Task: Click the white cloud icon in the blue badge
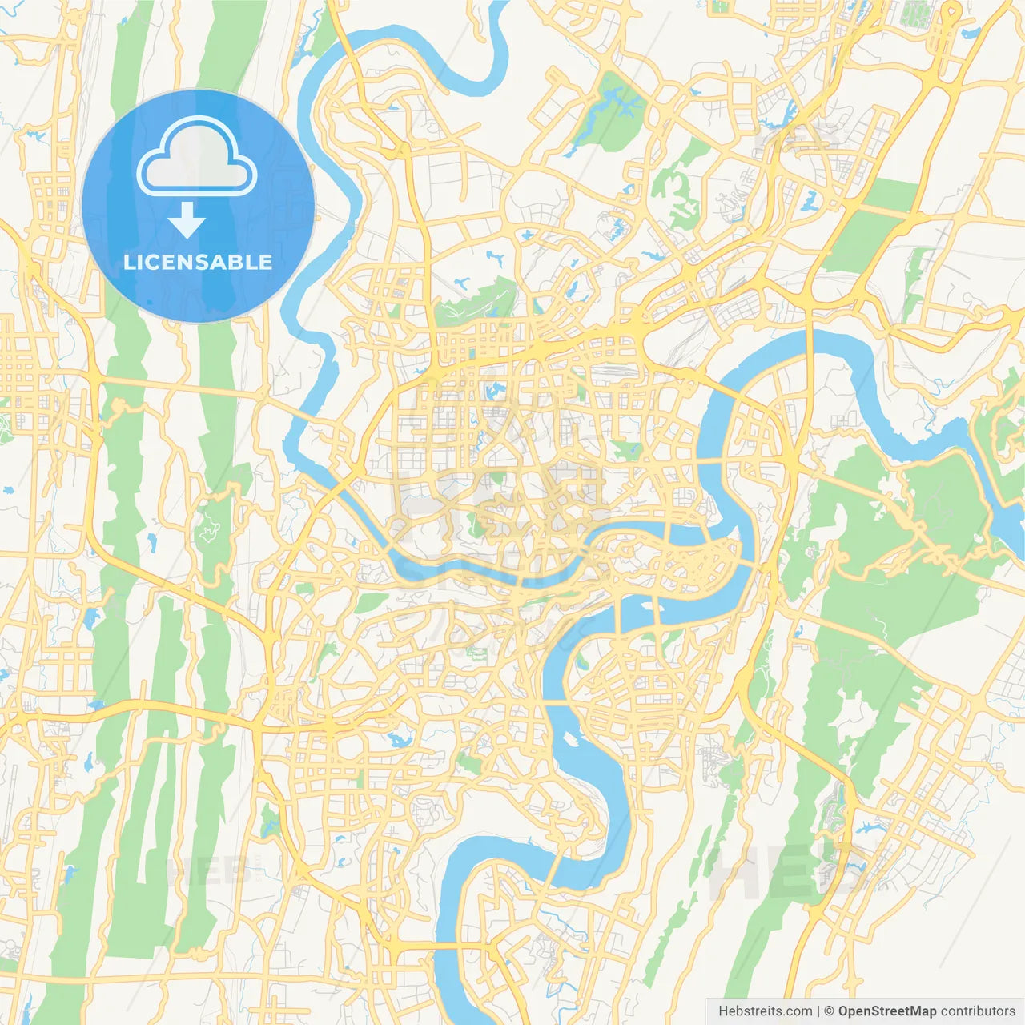pyautogui.click(x=196, y=156)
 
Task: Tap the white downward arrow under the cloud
pyautogui.click(x=187, y=220)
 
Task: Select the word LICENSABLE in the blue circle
pyautogui.click(x=198, y=262)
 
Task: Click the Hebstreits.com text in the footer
pyautogui.click(x=765, y=1011)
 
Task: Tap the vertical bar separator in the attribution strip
pyautogui.click(x=818, y=1011)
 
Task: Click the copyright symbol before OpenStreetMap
pyautogui.click(x=830, y=1011)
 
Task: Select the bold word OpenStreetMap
pyautogui.click(x=887, y=1011)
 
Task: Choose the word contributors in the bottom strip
pyautogui.click(x=978, y=1011)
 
